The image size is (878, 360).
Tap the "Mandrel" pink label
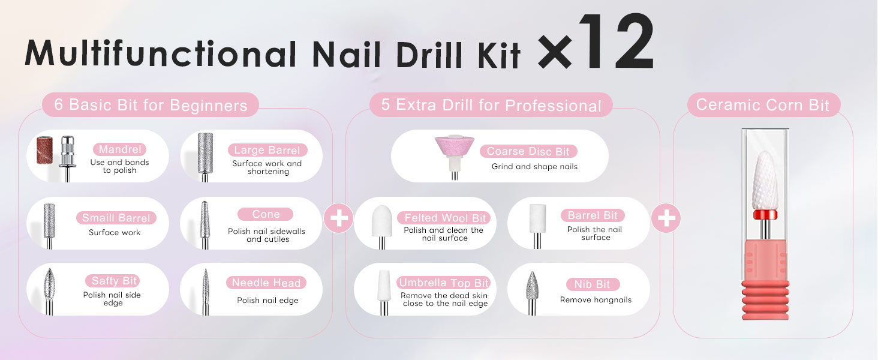(119, 149)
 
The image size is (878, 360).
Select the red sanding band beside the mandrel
(44, 150)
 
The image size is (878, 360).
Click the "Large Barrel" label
(267, 150)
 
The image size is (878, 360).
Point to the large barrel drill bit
(205, 157)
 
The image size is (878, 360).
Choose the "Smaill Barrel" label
(116, 218)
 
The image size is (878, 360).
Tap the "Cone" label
(265, 214)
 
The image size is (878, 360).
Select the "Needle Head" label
(266, 283)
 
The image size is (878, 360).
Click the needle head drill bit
(206, 292)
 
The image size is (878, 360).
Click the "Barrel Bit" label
(593, 215)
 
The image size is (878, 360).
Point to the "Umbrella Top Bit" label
(443, 283)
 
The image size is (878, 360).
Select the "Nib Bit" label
(593, 284)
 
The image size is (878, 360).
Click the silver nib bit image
(532, 293)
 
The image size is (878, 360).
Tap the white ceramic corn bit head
(765, 181)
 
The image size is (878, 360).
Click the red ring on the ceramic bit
(765, 215)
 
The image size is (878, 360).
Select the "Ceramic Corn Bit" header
(763, 105)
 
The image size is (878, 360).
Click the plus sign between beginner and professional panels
(339, 218)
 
